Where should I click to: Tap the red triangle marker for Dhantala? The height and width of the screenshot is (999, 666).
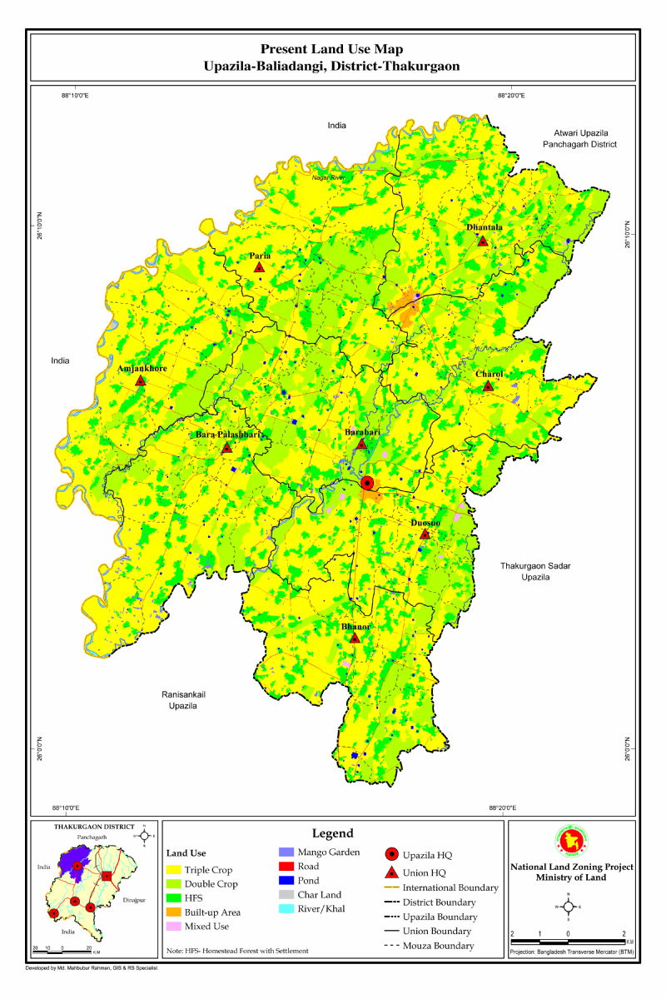point(482,241)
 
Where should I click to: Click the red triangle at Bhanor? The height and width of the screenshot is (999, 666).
point(355,638)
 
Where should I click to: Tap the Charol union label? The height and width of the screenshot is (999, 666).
point(489,375)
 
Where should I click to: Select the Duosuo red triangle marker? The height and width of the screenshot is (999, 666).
point(425,534)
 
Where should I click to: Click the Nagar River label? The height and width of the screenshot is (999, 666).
point(328,177)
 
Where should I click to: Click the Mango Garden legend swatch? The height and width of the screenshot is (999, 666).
point(286,852)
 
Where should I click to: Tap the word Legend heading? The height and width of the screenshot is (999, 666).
point(333,833)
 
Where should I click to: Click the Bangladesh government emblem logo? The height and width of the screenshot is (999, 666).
point(572,842)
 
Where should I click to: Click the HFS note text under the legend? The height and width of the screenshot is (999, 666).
point(237,951)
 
